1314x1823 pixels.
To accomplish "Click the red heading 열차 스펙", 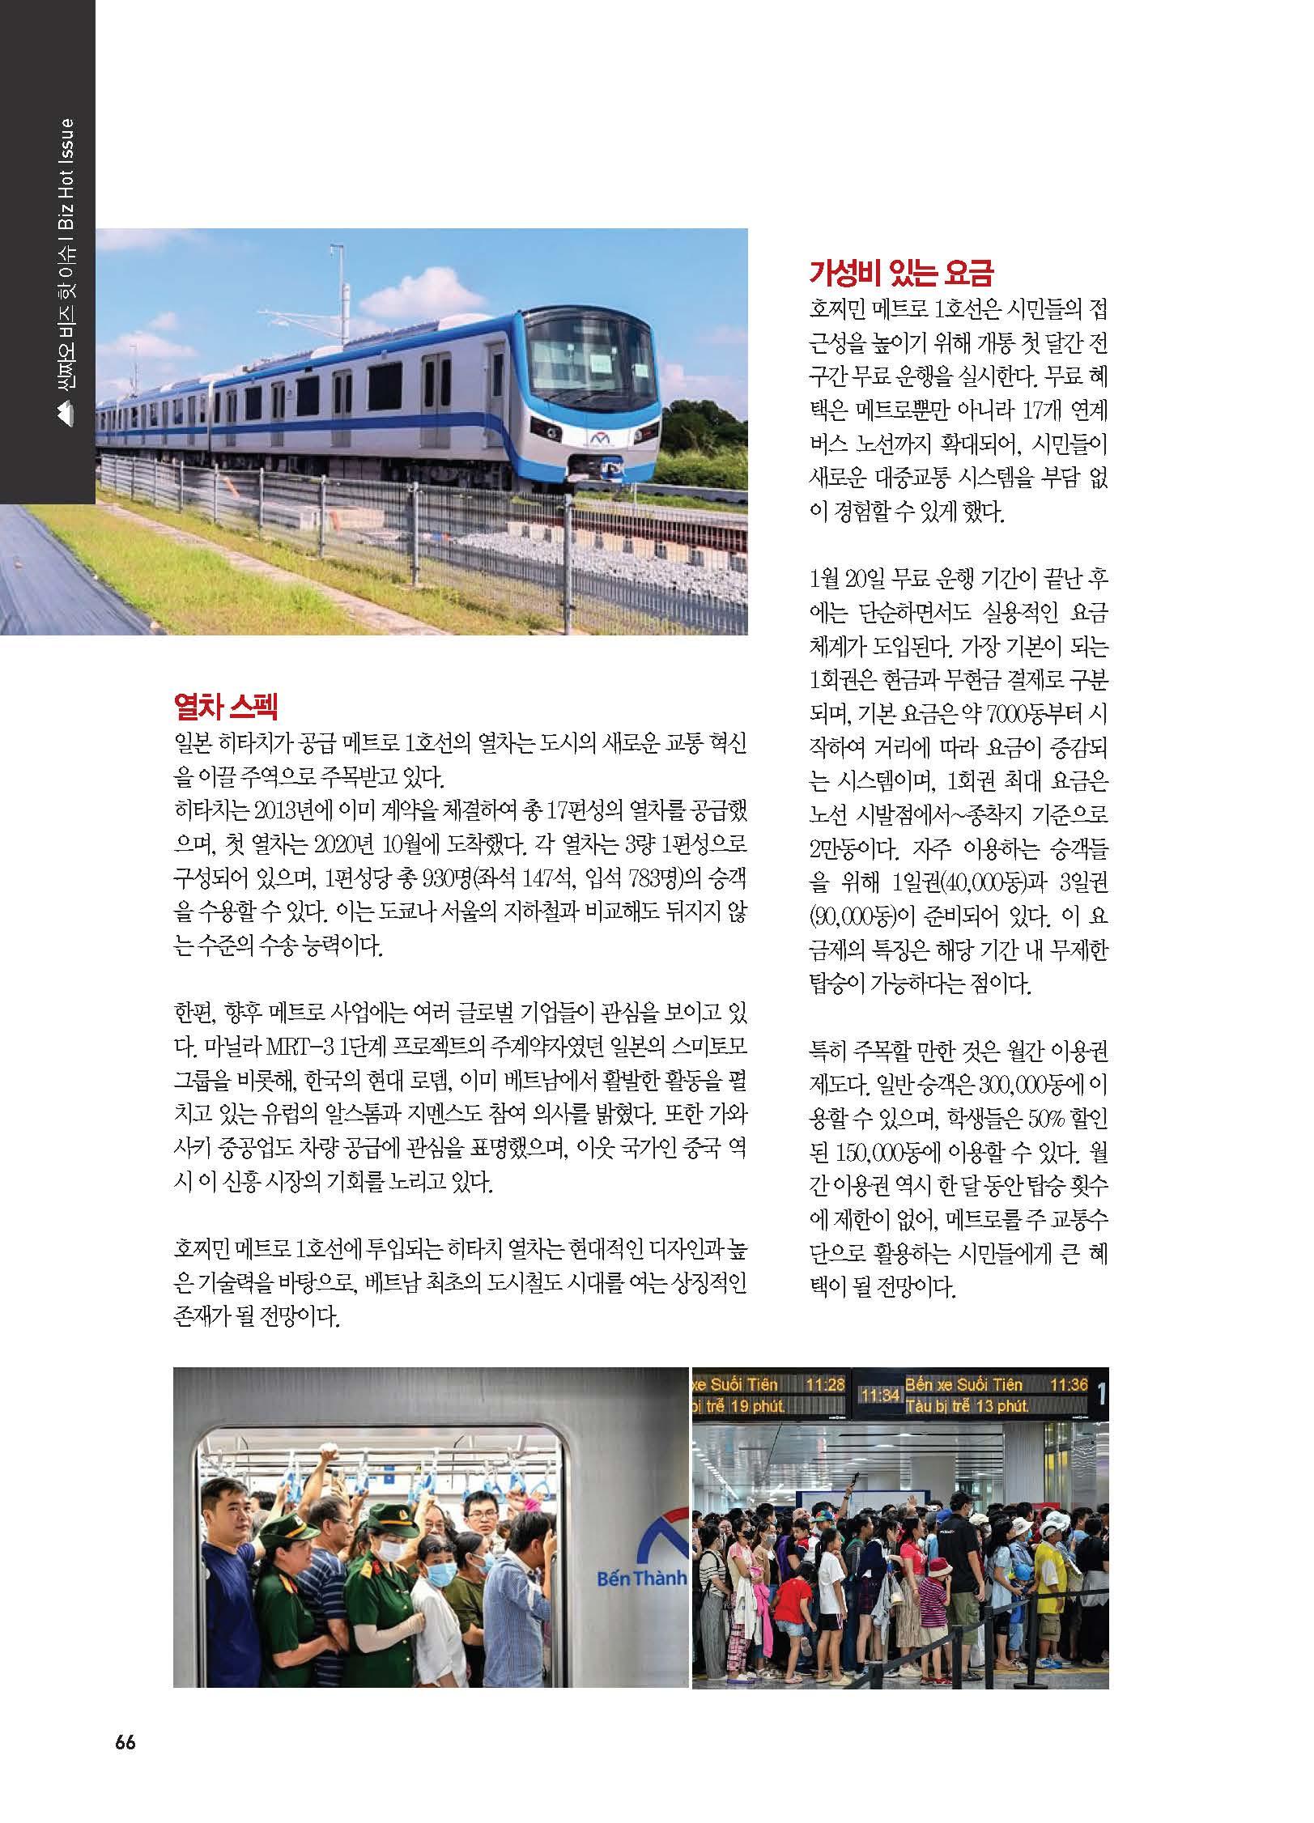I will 226,708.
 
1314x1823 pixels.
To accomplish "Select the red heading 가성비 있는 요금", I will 900,274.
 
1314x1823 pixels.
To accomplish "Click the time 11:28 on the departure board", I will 824,1384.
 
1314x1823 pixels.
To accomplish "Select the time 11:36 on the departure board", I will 1068,1384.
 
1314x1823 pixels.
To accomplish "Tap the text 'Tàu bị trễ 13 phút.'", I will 967,1406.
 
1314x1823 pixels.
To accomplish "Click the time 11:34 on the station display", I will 879,1396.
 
